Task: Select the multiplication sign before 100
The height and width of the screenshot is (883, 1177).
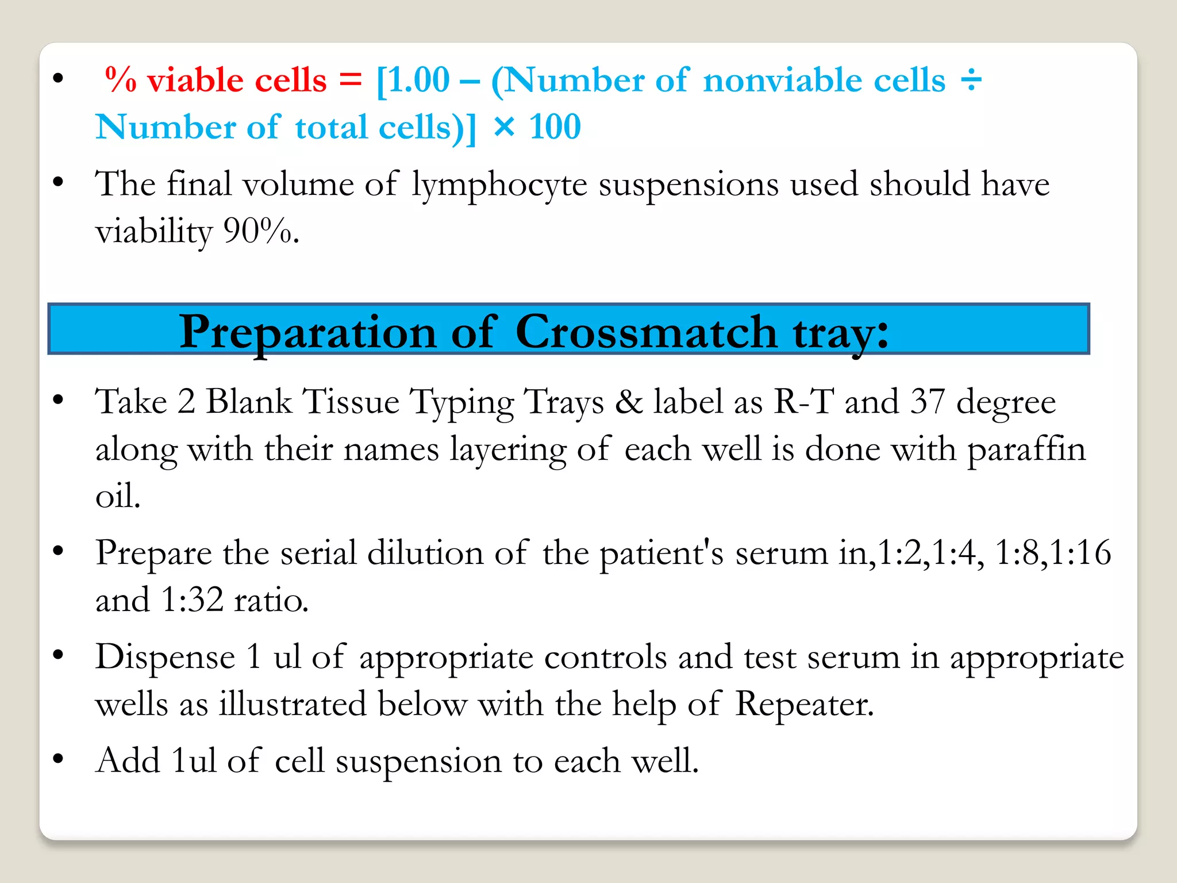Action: pyautogui.click(x=504, y=127)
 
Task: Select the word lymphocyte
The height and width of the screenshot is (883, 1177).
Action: pyautogui.click(x=499, y=185)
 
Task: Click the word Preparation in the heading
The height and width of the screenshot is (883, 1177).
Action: pyautogui.click(x=307, y=333)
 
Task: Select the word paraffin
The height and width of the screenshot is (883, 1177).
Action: pyautogui.click(x=1026, y=449)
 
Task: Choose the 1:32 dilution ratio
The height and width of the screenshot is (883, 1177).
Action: pyautogui.click(x=192, y=600)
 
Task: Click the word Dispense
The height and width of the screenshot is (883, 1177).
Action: pyautogui.click(x=166, y=657)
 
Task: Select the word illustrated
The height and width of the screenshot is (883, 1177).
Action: pyautogui.click(x=293, y=704)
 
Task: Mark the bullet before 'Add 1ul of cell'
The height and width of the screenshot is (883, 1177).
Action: pyautogui.click(x=57, y=759)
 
